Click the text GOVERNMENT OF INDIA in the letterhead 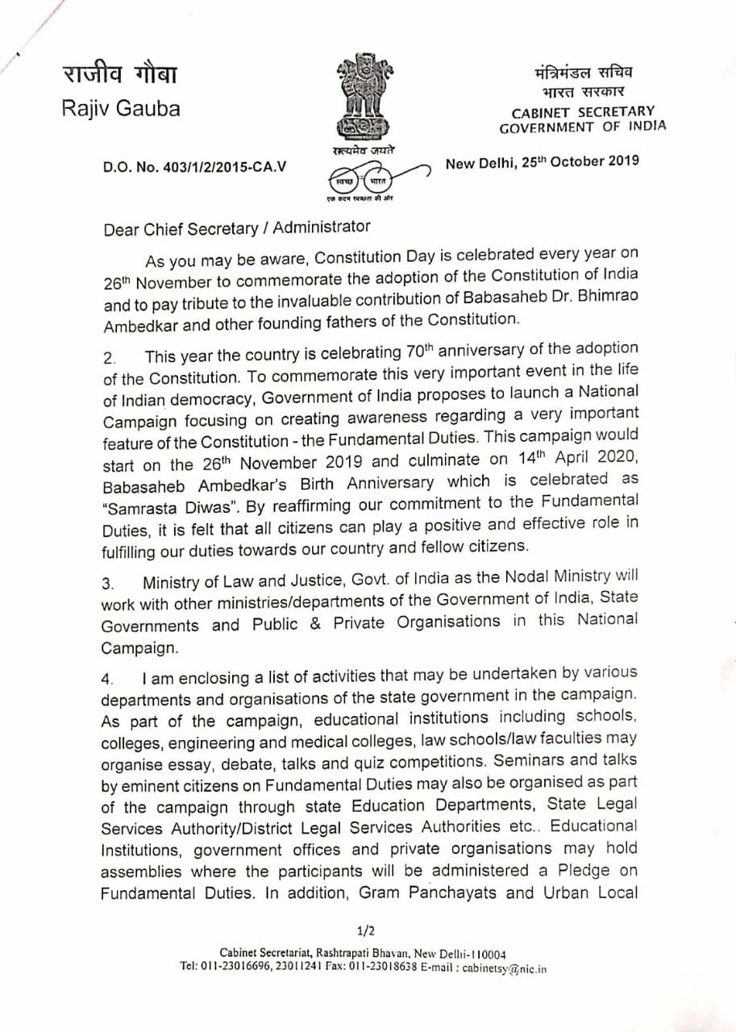583,127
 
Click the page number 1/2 366,931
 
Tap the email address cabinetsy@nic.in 505,968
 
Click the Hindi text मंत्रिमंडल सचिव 583,74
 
